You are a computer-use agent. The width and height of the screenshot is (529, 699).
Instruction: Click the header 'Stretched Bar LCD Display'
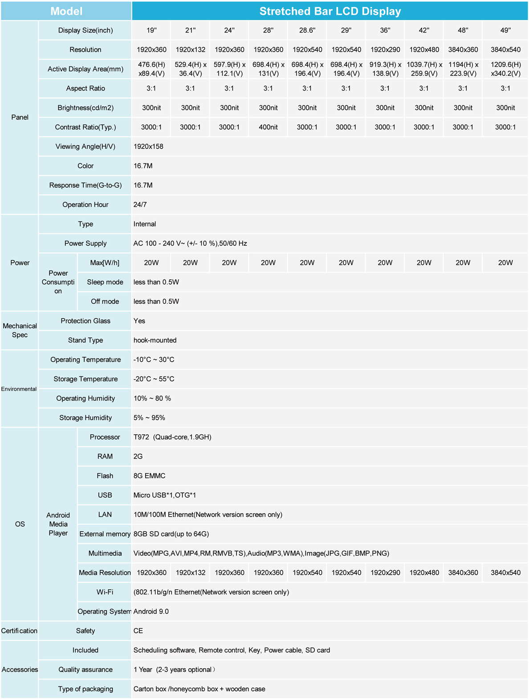pos(330,11)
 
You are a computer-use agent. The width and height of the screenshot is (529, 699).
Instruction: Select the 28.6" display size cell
pos(307,30)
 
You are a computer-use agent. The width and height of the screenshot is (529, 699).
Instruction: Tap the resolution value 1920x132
pos(190,49)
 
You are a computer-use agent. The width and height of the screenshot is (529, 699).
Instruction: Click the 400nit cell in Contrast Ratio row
pos(268,127)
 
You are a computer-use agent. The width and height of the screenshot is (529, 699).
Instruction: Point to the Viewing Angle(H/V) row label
pos(85,147)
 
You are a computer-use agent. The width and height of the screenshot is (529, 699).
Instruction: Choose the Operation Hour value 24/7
pos(140,204)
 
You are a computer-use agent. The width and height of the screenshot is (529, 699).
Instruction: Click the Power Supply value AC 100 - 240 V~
pos(190,243)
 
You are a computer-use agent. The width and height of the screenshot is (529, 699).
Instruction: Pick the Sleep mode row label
pos(105,282)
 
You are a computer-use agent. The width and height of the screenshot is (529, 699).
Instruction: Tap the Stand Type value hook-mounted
pos(155,340)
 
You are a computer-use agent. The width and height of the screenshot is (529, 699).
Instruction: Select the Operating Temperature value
pos(154,360)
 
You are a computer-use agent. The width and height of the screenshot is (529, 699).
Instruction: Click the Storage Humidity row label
pos(85,418)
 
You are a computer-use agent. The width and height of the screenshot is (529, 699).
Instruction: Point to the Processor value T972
pos(172,437)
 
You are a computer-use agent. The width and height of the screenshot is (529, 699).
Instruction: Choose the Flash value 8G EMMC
pos(149,476)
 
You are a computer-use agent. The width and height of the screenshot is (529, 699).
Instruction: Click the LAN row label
pos(105,515)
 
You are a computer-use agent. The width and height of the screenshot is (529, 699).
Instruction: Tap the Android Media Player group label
pos(58,524)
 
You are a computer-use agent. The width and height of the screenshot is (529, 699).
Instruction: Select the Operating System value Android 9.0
pos(151,612)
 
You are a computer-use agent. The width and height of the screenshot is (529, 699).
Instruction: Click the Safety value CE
pos(138,631)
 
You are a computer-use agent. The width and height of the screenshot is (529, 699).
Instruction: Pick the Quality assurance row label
pos(85,670)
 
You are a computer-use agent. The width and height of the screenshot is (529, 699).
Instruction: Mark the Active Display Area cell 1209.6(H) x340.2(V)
pos(505,69)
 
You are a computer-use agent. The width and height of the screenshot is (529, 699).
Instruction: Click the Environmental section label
pos(19,389)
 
